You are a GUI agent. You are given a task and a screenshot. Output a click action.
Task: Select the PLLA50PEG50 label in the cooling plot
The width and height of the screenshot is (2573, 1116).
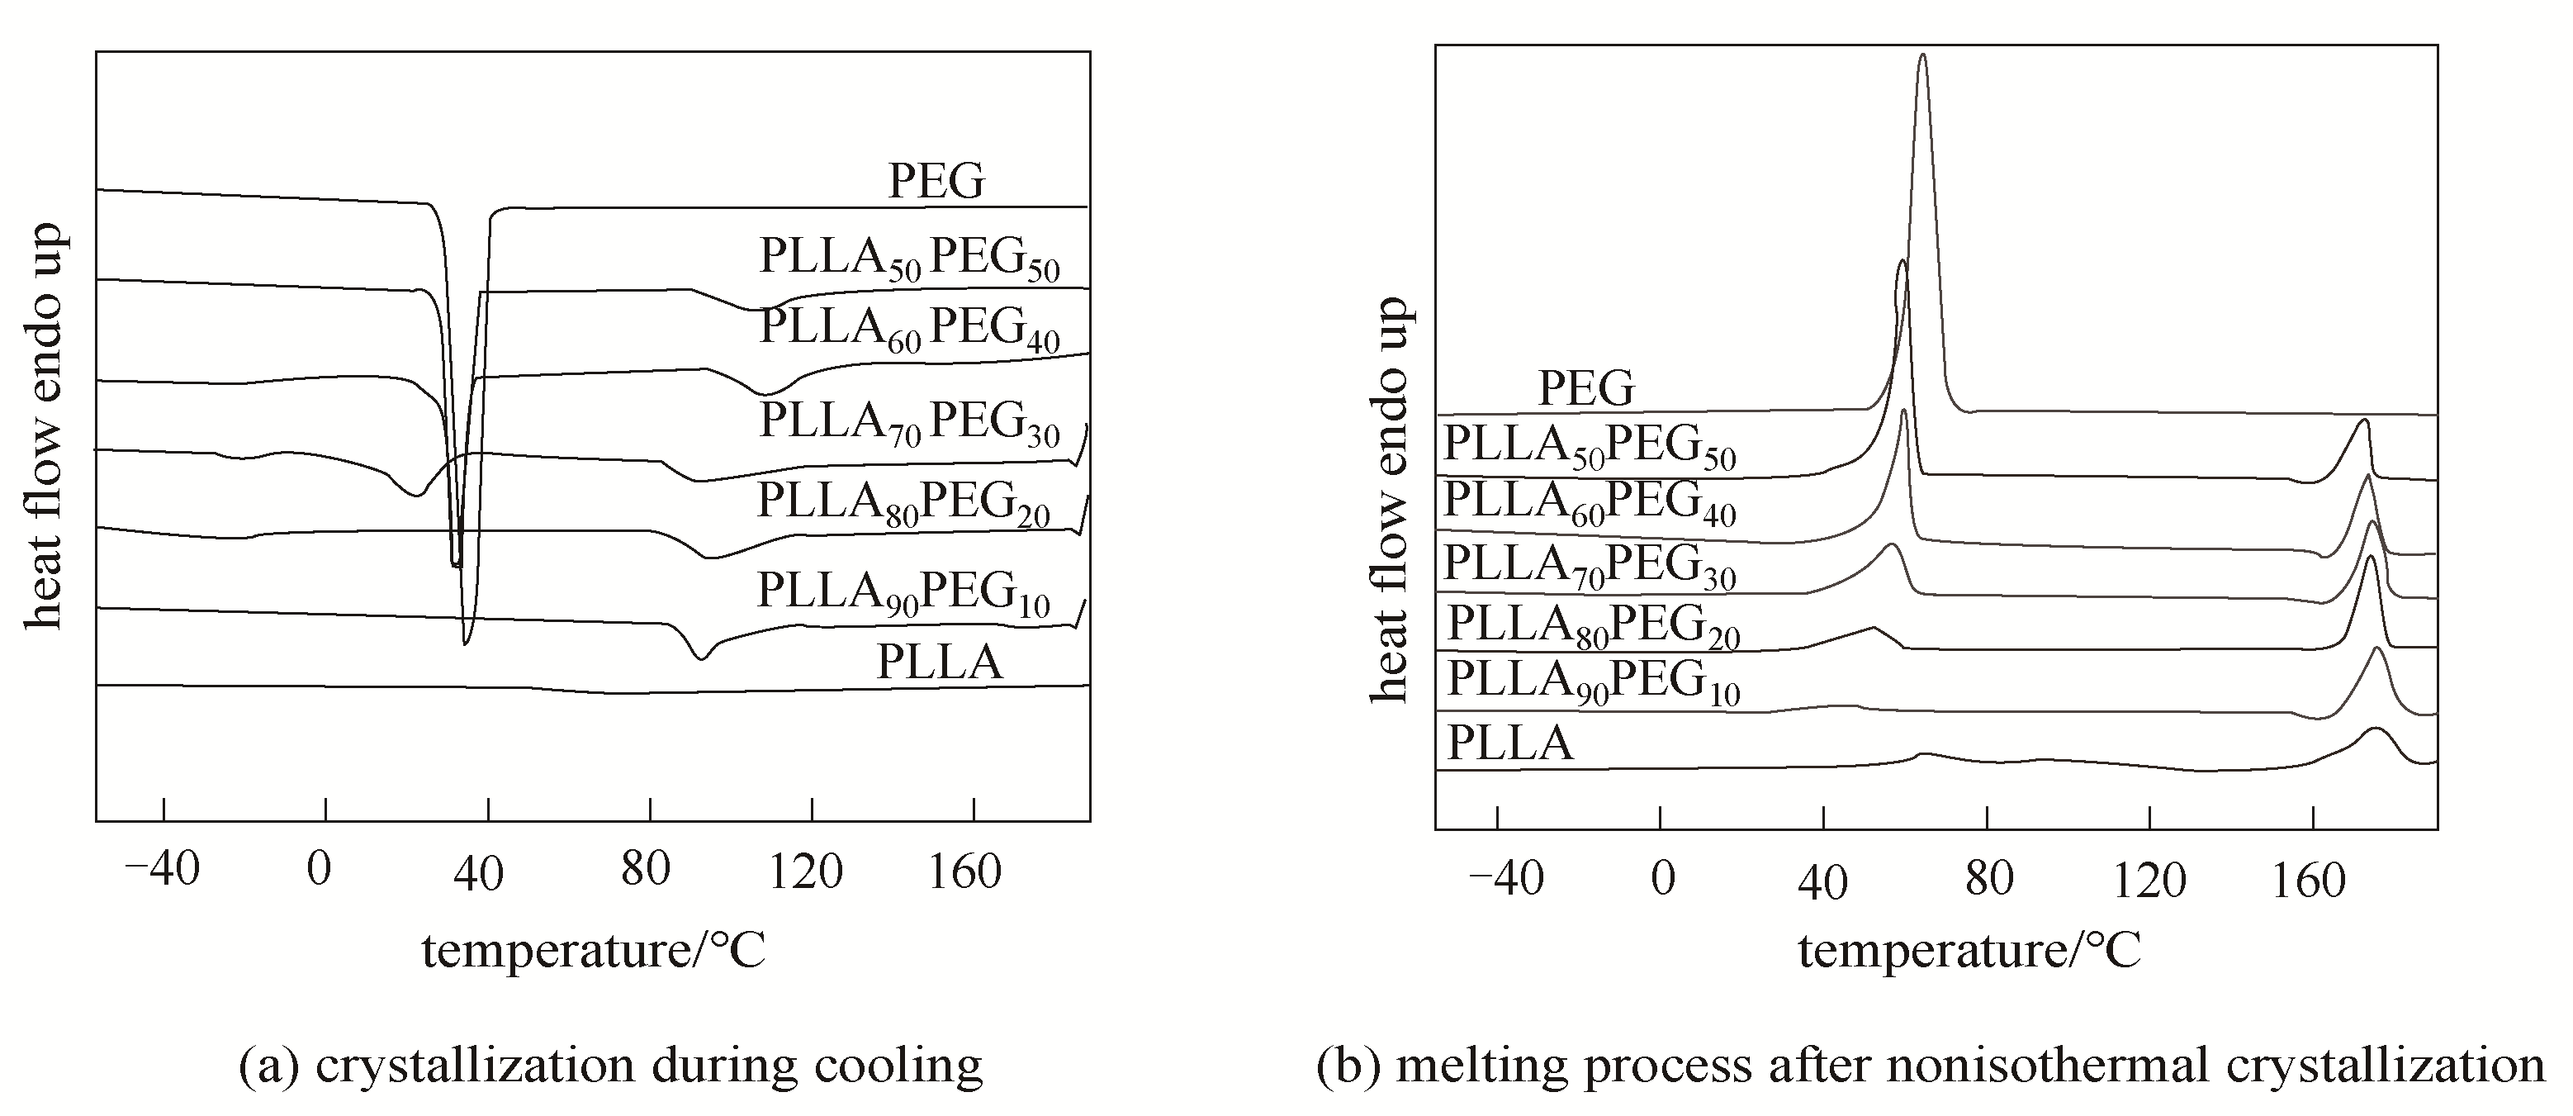click(x=909, y=258)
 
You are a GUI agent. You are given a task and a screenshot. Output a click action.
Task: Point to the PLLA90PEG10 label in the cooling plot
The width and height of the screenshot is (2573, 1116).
click(x=903, y=591)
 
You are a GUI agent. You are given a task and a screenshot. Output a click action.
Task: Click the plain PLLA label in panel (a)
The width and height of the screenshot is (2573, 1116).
click(x=939, y=662)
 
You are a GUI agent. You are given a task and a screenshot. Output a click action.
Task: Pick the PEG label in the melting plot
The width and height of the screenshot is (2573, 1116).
click(x=1586, y=387)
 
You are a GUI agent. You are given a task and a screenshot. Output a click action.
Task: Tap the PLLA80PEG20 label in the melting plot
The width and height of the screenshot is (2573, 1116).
click(x=1593, y=625)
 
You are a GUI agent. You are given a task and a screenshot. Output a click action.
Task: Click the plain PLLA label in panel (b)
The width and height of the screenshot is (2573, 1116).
click(x=1510, y=743)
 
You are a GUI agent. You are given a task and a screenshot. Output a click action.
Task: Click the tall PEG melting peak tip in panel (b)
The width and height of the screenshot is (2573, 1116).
click(x=1923, y=57)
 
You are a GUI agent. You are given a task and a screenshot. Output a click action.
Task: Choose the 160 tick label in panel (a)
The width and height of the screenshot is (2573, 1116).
click(x=964, y=872)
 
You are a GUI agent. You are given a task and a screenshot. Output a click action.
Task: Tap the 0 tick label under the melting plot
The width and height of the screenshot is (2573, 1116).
click(x=1662, y=881)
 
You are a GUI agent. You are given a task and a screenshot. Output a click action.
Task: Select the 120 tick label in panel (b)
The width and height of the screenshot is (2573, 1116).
click(x=2149, y=881)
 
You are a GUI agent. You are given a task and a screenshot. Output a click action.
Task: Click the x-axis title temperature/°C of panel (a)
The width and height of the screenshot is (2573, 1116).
click(x=594, y=950)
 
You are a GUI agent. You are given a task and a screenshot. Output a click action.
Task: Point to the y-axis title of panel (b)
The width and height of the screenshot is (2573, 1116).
click(x=1390, y=500)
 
